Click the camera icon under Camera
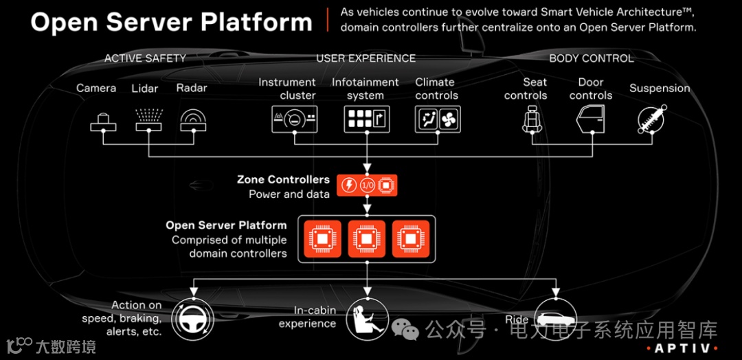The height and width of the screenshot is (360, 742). [x=103, y=122]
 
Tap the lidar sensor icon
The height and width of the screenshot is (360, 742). [x=148, y=118]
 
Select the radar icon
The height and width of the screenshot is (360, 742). [x=193, y=121]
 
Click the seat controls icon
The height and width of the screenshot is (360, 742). [x=532, y=120]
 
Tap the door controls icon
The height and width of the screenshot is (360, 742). [x=589, y=120]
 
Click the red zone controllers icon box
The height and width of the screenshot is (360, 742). [x=367, y=185]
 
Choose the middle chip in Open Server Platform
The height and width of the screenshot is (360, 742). [x=367, y=238]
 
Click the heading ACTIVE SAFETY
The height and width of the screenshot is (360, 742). [x=145, y=58]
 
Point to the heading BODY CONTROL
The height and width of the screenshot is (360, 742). [x=591, y=58]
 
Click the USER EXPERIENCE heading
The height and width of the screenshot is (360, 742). [x=366, y=58]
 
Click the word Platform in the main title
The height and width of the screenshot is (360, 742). [x=256, y=22]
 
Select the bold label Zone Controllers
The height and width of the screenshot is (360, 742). [x=283, y=180]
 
